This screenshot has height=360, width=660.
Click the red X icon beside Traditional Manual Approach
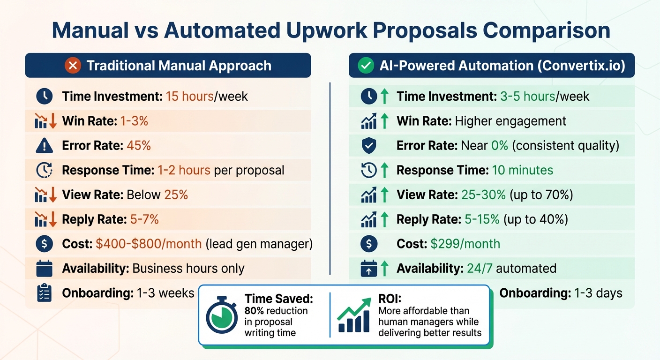click(x=73, y=66)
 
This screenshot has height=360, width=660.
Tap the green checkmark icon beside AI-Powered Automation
click(x=365, y=66)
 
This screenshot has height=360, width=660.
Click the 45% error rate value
click(x=139, y=145)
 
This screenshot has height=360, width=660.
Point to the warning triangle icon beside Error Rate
click(x=44, y=146)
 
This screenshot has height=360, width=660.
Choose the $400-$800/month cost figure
click(x=149, y=244)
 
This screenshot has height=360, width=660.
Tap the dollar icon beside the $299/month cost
click(x=369, y=244)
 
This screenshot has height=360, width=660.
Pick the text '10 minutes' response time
click(x=522, y=170)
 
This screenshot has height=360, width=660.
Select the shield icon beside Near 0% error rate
click(x=369, y=146)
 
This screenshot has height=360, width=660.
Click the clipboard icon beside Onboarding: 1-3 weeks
click(x=44, y=293)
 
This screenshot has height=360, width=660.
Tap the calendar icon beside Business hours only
click(x=44, y=269)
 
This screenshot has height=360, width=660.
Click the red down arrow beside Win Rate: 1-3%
click(x=53, y=121)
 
